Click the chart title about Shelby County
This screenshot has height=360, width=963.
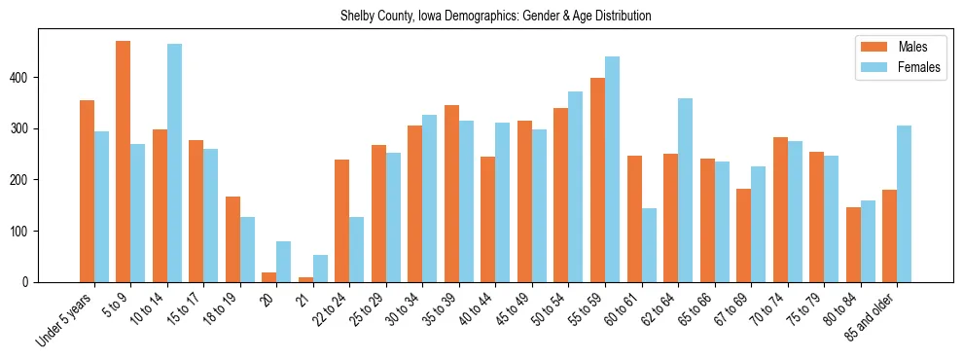point(495,16)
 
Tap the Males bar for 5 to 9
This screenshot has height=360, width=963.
point(124,162)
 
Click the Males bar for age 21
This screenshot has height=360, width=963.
point(305,279)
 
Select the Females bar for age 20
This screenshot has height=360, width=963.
point(284,262)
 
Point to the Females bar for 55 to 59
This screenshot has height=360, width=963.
point(612,169)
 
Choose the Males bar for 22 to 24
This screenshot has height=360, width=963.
point(342,221)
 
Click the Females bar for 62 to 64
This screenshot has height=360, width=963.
point(685,191)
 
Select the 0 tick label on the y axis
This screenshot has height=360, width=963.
point(31,282)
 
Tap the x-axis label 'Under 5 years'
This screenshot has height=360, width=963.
point(66,321)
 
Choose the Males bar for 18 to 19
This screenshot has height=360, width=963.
point(232,239)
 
